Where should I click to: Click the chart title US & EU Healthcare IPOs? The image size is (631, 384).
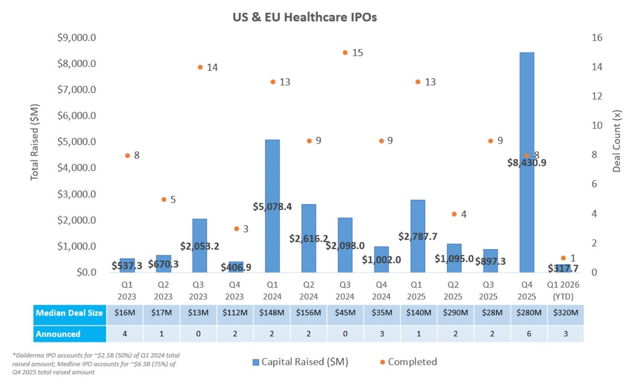pos(305,18)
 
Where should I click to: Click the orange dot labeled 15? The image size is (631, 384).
pos(345,53)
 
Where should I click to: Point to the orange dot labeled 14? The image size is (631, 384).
pos(200,67)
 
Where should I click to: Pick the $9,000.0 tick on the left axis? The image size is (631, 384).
pos(77,38)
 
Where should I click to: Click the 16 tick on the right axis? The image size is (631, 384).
pos(597,38)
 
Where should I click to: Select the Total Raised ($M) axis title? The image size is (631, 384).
pos(35,142)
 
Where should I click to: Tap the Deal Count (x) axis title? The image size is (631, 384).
pos(616,142)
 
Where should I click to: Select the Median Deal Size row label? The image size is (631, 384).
pos(69,313)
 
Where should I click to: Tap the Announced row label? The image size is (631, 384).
pos(58,334)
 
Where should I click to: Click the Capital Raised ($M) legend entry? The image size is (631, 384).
pos(299,362)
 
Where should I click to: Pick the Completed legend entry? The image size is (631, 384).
pos(408,362)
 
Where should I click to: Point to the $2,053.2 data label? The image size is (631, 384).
pos(199,246)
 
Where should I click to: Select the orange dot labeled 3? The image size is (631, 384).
pos(236,229)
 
